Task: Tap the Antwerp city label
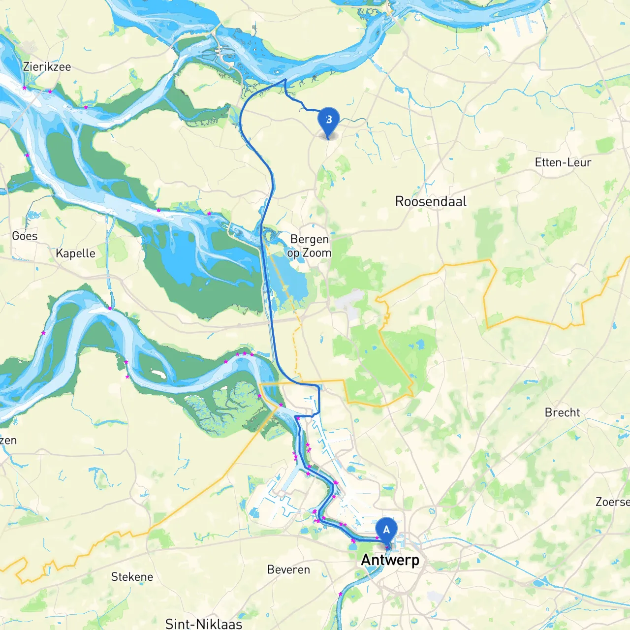(390, 560)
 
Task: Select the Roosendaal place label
(431, 201)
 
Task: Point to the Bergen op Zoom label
(310, 246)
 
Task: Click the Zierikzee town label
(47, 67)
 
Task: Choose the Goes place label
(25, 236)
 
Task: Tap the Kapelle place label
(75, 253)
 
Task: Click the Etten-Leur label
(563, 162)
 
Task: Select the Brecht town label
(562, 412)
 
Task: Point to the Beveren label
(288, 570)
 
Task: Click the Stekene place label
(132, 577)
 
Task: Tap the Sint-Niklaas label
(204, 624)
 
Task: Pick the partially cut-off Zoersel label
(612, 502)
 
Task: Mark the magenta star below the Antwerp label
(340, 594)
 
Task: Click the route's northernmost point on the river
(285, 79)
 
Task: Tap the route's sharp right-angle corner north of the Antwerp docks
(319, 387)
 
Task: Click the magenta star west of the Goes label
(27, 155)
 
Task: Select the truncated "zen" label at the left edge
(8, 440)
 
